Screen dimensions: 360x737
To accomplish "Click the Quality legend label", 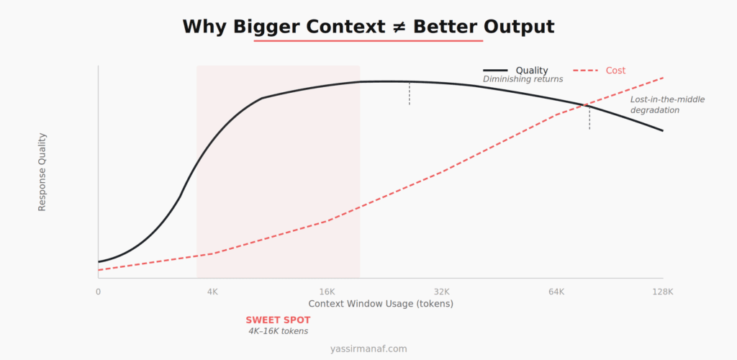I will (x=532, y=71).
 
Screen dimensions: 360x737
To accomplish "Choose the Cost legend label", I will (x=615, y=71).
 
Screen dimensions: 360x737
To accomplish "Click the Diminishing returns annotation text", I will (x=523, y=79).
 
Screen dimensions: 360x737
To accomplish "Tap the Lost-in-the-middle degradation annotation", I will (x=657, y=105).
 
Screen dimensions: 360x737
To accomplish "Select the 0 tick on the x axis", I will (x=99, y=292).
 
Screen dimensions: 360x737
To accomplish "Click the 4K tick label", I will (x=212, y=292).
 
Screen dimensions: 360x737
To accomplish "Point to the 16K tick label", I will (x=327, y=292).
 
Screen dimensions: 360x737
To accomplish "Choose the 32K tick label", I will (x=441, y=292).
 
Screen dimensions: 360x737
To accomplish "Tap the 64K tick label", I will (x=556, y=292).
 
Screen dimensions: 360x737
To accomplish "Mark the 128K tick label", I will (x=662, y=292).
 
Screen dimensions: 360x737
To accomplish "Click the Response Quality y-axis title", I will (x=42, y=171).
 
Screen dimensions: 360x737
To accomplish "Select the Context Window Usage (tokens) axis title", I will (x=381, y=304).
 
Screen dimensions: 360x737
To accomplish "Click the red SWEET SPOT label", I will (x=278, y=320).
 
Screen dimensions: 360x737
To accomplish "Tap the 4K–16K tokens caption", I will (x=278, y=331).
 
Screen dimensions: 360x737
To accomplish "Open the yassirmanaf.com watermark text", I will (x=368, y=348).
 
